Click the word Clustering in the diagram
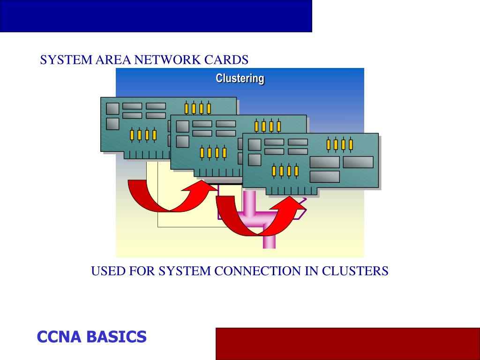240,78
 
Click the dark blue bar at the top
156,16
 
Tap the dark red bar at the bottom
347,344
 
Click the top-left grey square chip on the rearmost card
112,109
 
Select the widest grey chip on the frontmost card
358,162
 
